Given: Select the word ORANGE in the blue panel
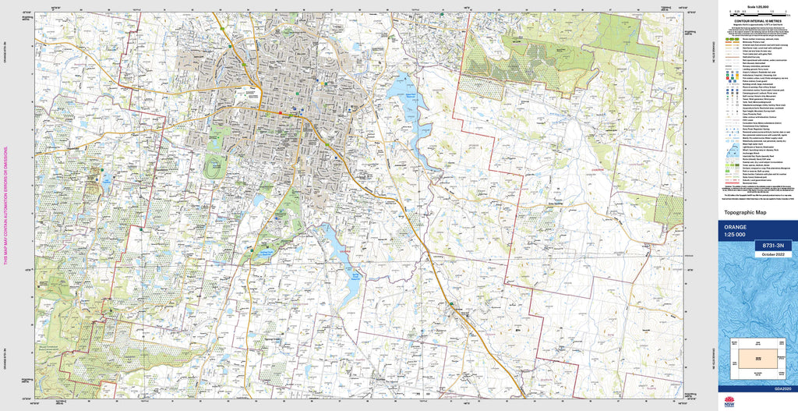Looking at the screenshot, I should [x=736, y=227].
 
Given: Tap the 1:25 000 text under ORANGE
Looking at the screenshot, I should [x=735, y=235].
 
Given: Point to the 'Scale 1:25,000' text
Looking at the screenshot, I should [x=755, y=6].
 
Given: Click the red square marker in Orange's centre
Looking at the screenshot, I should [x=281, y=113].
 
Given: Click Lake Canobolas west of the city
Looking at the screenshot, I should [x=105, y=181].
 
